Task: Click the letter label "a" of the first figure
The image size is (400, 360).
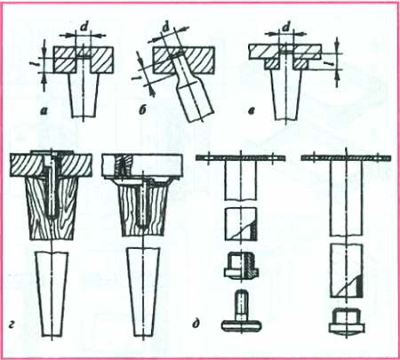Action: click(x=44, y=111)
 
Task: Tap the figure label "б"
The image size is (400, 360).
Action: click(x=142, y=111)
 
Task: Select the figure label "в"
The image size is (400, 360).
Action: click(x=252, y=111)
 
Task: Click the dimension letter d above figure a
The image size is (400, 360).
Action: click(x=84, y=28)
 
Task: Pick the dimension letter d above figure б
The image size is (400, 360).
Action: click(x=166, y=28)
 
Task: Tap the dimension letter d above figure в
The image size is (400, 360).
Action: click(x=286, y=28)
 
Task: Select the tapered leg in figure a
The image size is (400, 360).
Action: click(x=84, y=95)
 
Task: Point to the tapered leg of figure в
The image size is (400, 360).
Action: click(x=286, y=95)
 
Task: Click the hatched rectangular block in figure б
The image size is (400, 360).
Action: click(x=184, y=60)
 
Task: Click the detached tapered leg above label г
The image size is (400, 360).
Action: click(x=52, y=294)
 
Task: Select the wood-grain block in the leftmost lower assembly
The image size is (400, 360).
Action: click(x=52, y=207)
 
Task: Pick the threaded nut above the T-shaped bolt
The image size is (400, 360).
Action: click(x=242, y=265)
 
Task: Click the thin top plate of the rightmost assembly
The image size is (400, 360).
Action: click(x=346, y=158)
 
